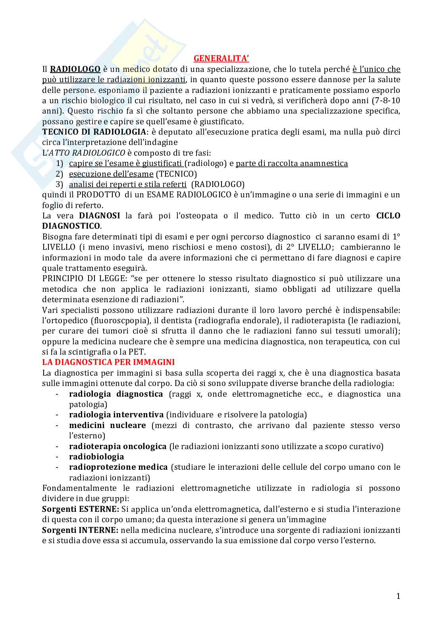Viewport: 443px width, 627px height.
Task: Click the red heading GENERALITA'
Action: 221,59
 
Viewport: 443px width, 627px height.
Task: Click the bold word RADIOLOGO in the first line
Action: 75,69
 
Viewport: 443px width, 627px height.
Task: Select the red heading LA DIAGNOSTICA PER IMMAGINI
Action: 108,362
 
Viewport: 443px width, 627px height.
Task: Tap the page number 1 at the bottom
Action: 398,596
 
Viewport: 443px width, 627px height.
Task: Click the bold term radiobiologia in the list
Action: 96,457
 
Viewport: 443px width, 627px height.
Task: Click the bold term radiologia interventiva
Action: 116,415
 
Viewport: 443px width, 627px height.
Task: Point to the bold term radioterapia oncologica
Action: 117,446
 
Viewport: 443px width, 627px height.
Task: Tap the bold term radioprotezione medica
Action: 118,467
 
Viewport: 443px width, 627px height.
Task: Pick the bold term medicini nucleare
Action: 107,425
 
